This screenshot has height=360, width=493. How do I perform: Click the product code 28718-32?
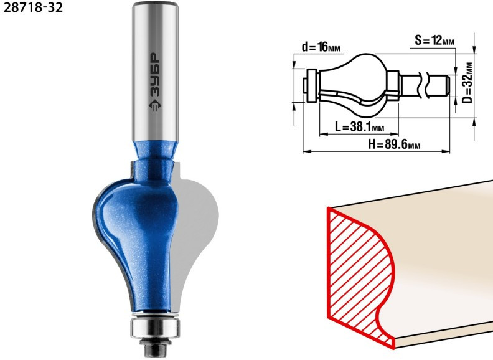34,7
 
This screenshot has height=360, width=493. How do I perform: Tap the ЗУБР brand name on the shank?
154,75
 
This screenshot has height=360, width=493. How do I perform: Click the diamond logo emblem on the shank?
155,105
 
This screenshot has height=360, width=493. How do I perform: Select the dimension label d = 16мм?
321,47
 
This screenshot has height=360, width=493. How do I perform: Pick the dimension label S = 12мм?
434,40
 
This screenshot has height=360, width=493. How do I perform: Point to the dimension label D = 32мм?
467,83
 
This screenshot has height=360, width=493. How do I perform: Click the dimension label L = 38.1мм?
359,127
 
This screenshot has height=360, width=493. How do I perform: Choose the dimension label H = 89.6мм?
394,144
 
